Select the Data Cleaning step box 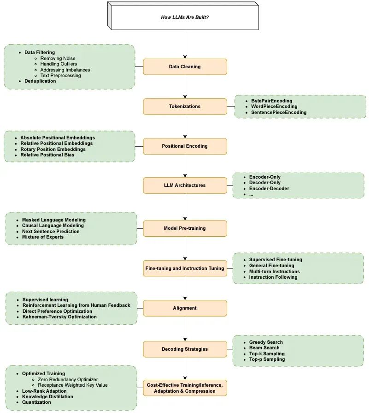pos(185,66)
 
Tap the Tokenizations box pos(185,107)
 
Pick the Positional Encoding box pos(185,146)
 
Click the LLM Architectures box pos(185,186)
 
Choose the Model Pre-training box pos(185,228)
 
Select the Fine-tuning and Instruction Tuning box pos(185,269)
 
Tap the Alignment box pos(185,308)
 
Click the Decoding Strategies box pos(185,349)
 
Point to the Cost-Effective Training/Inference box pos(185,388)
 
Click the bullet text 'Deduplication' pos(40,81)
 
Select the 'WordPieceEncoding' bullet pos(274,107)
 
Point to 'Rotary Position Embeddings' pos(53,150)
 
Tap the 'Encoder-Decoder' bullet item pos(269,189)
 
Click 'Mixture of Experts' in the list pos(43,237)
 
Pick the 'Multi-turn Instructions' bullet pos(275,271)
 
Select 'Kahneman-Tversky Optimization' pos(60,317)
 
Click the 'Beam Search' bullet pos(264,348)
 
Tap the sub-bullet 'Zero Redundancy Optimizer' pos(68,380)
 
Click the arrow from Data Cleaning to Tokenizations pos(185,87)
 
